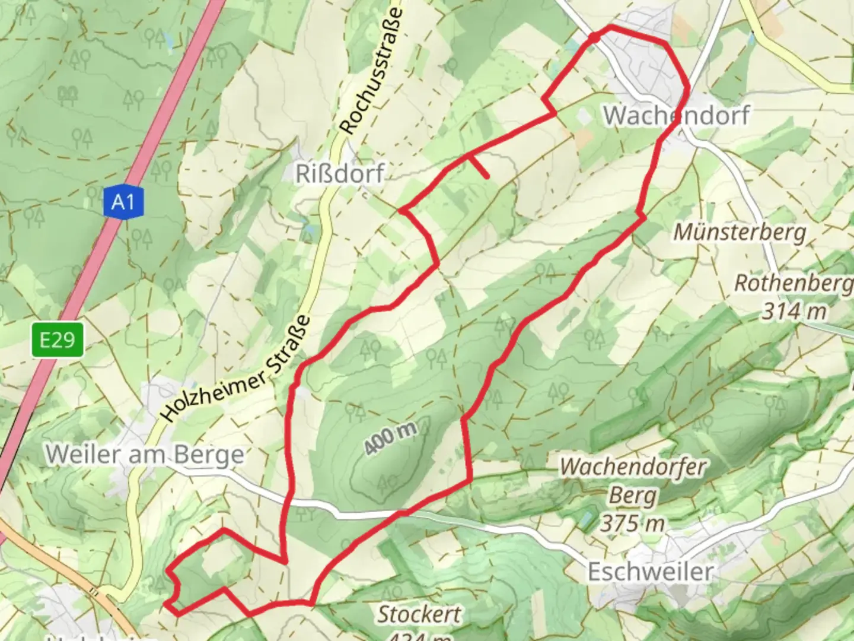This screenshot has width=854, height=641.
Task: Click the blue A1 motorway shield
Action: point(123,203)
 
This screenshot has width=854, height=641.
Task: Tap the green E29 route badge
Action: point(58,340)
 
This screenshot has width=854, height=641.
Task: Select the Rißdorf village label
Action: point(340,174)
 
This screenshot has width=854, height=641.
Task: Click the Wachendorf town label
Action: point(676,115)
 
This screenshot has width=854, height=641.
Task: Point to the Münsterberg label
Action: point(740,232)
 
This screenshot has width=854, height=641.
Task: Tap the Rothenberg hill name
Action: point(794,284)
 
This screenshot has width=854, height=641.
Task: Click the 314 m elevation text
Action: point(794,310)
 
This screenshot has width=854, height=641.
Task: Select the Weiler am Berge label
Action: point(145,455)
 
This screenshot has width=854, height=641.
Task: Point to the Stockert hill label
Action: point(419,614)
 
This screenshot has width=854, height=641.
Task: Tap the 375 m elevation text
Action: point(632,523)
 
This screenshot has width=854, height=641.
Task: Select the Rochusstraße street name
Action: point(372,70)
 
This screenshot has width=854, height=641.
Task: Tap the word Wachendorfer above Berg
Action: point(632,467)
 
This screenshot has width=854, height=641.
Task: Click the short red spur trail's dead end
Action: point(487,176)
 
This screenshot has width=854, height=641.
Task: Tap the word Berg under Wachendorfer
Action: point(633,496)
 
